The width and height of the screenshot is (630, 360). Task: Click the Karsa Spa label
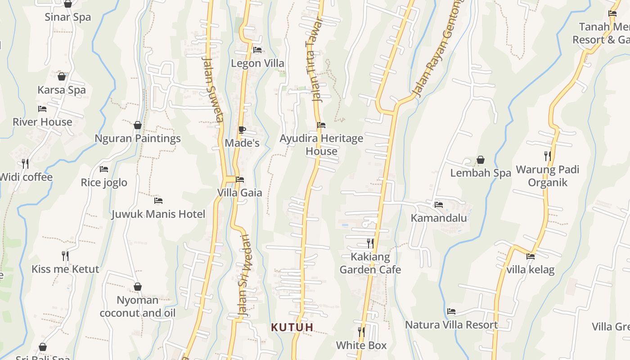[61, 90]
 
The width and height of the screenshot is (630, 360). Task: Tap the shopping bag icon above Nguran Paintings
[138, 125]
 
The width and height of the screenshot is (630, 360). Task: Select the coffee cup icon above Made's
[242, 130]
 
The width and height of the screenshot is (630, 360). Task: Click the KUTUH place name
[292, 327]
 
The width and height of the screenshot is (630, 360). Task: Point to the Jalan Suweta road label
[213, 89]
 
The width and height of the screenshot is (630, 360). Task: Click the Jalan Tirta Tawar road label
[315, 60]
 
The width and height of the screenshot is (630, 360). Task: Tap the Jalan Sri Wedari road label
[243, 275]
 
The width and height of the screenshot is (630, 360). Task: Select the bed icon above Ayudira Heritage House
[321, 125]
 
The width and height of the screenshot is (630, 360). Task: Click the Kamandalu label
[439, 218]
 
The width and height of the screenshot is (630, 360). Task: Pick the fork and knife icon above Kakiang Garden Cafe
[370, 243]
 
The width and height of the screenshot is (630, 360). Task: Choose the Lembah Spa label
[481, 173]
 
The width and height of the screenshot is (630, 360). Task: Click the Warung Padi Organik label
[547, 176]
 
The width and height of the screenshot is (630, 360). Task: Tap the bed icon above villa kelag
[531, 256]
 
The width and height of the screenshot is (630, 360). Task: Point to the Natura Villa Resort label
[451, 324]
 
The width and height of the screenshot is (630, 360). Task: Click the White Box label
[361, 345]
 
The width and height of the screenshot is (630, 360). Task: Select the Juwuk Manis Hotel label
[158, 214]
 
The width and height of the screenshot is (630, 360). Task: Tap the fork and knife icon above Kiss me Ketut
[65, 256]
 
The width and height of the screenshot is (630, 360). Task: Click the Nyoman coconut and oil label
[137, 306]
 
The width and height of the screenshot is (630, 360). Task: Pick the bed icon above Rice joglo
[104, 169]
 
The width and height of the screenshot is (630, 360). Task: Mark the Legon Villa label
[257, 63]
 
